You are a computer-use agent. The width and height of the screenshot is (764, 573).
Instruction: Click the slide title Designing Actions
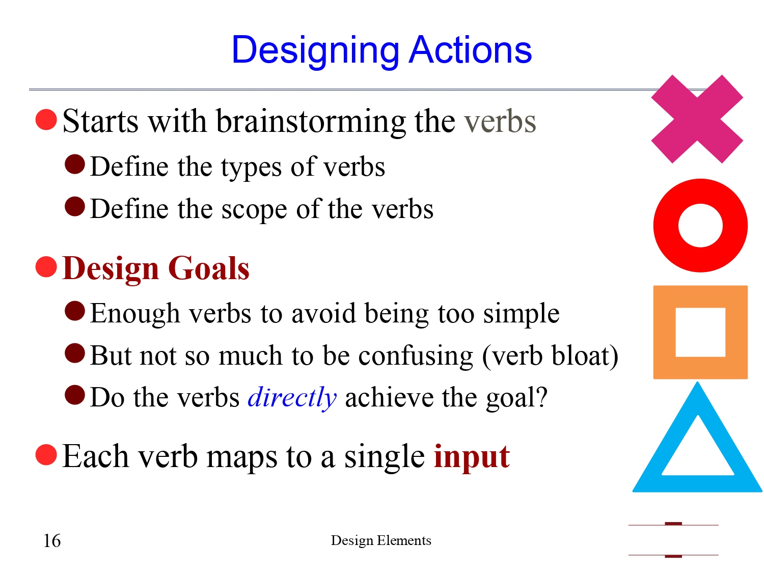coord(381,50)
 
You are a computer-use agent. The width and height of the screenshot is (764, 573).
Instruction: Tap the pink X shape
coord(697,119)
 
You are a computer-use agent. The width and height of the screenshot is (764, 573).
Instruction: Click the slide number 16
coord(52,541)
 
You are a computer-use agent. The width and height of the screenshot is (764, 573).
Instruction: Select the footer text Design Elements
coord(381,540)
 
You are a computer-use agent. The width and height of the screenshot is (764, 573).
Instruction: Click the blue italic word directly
coord(292,397)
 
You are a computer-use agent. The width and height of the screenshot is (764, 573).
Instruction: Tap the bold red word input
coord(472,456)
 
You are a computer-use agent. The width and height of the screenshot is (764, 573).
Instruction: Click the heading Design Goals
coord(156,268)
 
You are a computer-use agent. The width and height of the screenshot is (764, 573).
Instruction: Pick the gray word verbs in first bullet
coord(500,122)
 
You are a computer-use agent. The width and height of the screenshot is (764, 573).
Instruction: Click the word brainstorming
coord(311,122)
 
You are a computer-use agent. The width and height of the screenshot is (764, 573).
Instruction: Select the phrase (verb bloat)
coord(550,356)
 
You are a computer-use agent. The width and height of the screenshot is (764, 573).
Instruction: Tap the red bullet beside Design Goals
coord(46,267)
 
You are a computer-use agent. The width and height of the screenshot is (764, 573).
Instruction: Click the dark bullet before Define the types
coord(75,165)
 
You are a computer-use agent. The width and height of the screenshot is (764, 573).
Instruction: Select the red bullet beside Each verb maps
coord(46,455)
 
